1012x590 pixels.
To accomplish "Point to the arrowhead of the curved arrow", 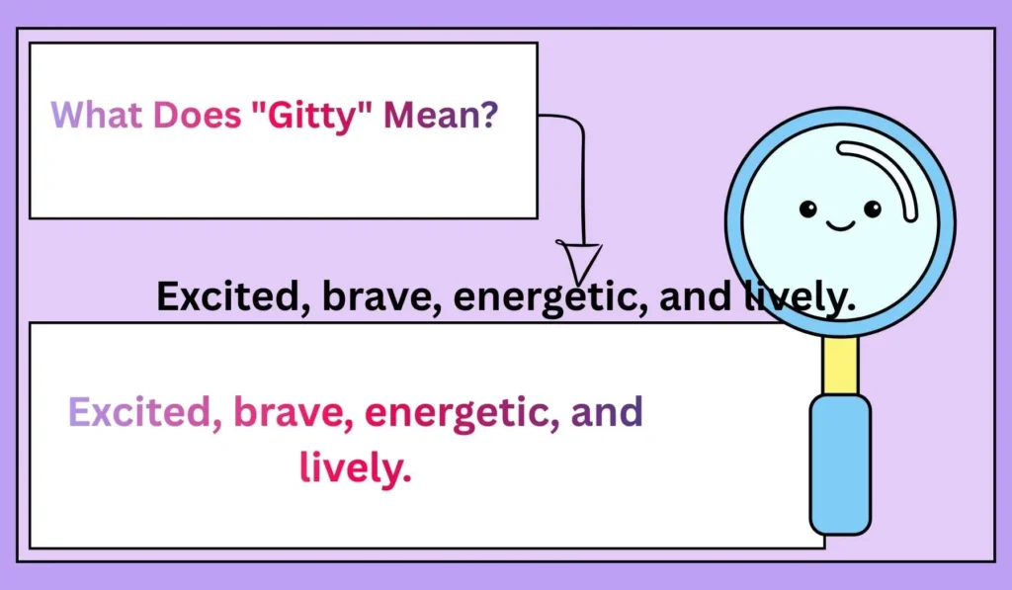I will pos(581,263).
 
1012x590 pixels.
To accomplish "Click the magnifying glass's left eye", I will pos(808,209).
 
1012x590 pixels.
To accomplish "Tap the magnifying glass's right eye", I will pos(872,209).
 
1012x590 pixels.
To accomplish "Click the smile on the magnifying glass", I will pos(840,226).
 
